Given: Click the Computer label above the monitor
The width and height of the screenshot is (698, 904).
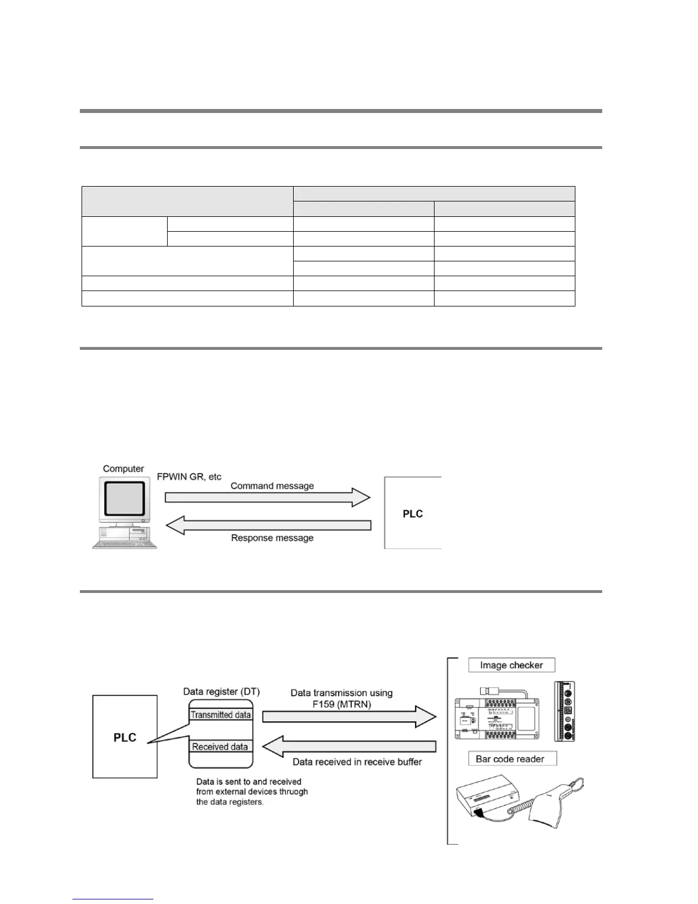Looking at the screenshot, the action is click(x=123, y=469).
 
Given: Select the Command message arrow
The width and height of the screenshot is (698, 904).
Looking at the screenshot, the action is click(x=267, y=497).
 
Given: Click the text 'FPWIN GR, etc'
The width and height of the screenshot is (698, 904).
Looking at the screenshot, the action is click(x=189, y=477).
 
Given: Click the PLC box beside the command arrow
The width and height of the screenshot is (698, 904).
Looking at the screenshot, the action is click(x=412, y=513).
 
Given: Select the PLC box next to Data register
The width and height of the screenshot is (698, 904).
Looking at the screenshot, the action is click(x=125, y=737).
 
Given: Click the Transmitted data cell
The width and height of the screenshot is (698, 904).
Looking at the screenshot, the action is click(x=221, y=715).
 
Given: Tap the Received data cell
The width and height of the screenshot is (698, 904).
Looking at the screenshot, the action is click(x=220, y=746).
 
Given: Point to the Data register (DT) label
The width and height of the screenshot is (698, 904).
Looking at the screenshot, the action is click(x=221, y=691).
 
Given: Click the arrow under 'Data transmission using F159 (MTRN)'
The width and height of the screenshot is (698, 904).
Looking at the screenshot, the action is click(x=348, y=716).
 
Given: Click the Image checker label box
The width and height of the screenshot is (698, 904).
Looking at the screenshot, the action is click(x=512, y=665).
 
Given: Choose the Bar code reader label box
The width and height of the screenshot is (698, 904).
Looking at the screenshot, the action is click(x=510, y=758).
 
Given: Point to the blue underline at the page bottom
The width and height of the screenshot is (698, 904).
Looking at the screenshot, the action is click(x=113, y=899).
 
